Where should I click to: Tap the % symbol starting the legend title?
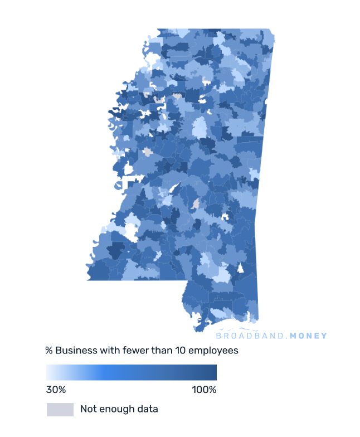click(x=49, y=351)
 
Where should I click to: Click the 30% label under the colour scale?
click(x=56, y=389)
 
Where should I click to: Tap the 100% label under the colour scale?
click(x=204, y=389)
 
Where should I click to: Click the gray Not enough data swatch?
click(x=60, y=409)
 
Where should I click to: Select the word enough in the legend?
click(x=118, y=409)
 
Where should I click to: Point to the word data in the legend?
click(x=148, y=409)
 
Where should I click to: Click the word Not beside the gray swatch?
click(x=89, y=409)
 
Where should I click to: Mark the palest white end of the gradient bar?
click(x=49, y=372)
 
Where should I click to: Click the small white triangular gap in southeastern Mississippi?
click(x=241, y=269)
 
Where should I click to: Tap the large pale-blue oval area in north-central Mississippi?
click(x=199, y=128)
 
